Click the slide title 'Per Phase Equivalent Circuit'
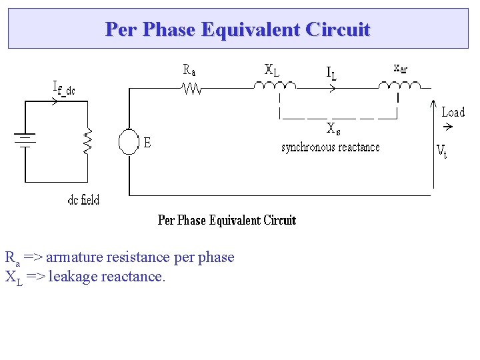(237, 29)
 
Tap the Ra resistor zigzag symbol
(192, 87)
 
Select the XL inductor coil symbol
(273, 85)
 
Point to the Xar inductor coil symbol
(400, 85)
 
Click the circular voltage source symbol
(128, 142)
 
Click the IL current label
(331, 73)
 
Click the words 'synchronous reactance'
(330, 147)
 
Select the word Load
(453, 112)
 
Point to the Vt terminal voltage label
(441, 151)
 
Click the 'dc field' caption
(83, 200)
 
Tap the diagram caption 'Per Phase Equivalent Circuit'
(227, 220)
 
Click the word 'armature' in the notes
(74, 257)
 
